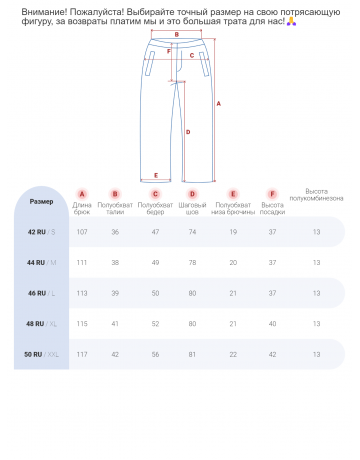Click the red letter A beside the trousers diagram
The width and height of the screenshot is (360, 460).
pos(218,104)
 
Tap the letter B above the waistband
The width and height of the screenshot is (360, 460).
pos(177,34)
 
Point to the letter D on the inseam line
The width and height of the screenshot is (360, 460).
pos(188,132)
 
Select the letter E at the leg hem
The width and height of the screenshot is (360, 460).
pos(156,175)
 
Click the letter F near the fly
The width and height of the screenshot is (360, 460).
pos(169,51)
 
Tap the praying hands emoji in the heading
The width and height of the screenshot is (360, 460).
pos(291,22)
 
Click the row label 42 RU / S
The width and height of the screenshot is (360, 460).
pos(41,232)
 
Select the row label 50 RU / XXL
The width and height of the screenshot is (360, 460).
pos(41,354)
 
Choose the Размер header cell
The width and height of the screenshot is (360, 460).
pos(41,201)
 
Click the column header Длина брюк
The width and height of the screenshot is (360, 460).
pos(82,208)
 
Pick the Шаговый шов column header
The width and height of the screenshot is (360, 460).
pos(192,208)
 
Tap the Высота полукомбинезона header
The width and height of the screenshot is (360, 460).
pos(316,195)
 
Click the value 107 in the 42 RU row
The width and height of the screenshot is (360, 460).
pos(82,232)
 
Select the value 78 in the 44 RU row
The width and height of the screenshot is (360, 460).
pos(192,263)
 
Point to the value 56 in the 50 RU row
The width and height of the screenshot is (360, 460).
pos(155,354)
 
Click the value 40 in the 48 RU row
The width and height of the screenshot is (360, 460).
pos(272,324)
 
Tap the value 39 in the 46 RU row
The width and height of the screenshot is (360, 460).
pos(115,293)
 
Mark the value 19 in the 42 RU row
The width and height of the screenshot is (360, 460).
pos(233,232)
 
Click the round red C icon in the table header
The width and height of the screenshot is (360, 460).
pos(155,194)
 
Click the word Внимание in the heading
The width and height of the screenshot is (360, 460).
pos(44,12)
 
